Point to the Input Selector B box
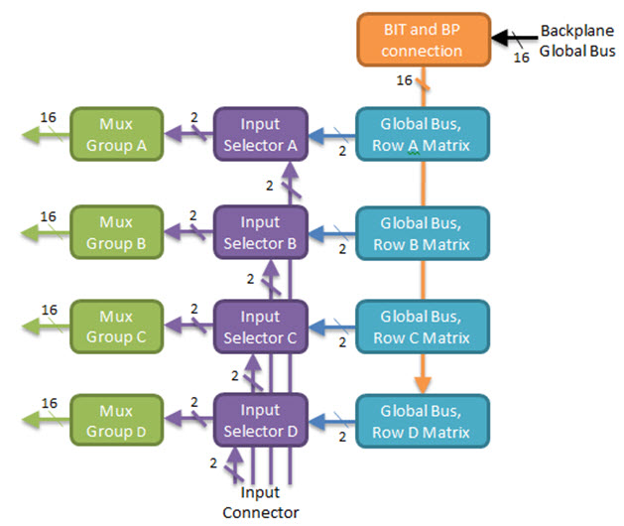261,231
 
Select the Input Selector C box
261,327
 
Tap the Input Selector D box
261,421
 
